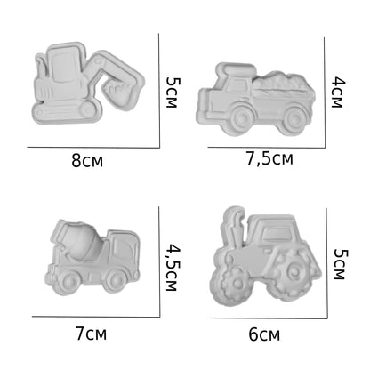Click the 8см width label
coord(87,161)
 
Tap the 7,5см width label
coord(269,158)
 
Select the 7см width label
coord(91,334)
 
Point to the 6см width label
coord(264,334)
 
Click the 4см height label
coord(338,92)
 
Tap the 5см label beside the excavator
coord(173,92)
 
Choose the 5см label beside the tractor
coord(340,264)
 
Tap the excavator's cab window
coord(63,68)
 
